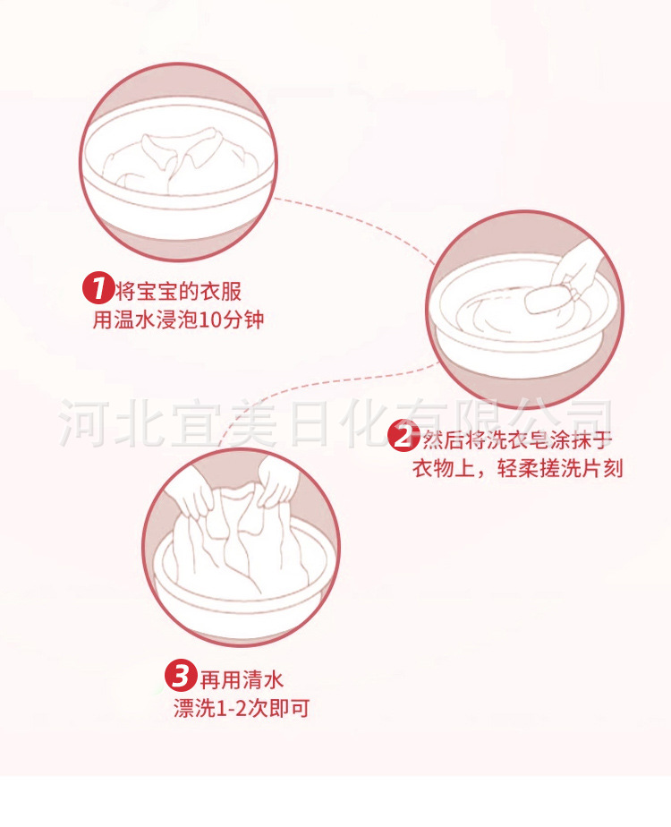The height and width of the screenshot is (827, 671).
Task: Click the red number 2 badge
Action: tap(403, 438)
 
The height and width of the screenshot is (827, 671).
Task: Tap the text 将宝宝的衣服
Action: tap(178, 291)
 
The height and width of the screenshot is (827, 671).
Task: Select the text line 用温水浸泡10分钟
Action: tap(179, 320)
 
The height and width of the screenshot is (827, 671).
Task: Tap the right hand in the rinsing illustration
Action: tap(279, 483)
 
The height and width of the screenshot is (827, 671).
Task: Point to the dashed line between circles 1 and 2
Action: tap(358, 215)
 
